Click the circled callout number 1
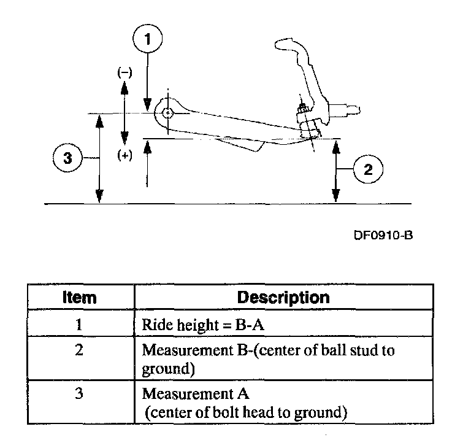[x=147, y=40]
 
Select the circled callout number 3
[x=67, y=158]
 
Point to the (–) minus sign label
[x=124, y=71]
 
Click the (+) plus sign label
[x=124, y=156]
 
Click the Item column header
[x=80, y=298]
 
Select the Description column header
[x=283, y=298]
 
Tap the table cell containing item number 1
[x=80, y=325]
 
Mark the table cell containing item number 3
[x=80, y=393]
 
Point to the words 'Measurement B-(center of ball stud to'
[x=268, y=350]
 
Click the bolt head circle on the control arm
[x=167, y=113]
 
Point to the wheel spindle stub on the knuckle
[x=347, y=110]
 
